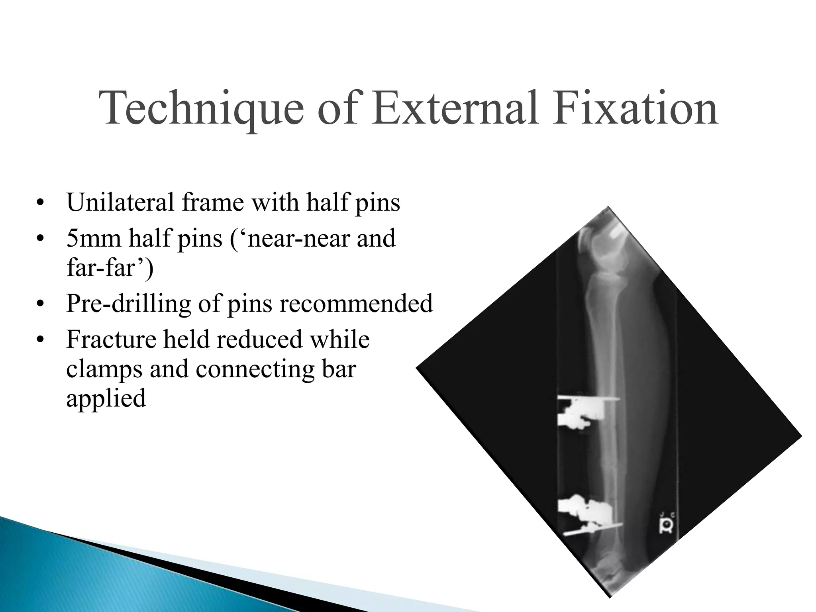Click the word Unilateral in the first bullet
120,202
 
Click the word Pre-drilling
128,303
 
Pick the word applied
106,398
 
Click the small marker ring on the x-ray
666,528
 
